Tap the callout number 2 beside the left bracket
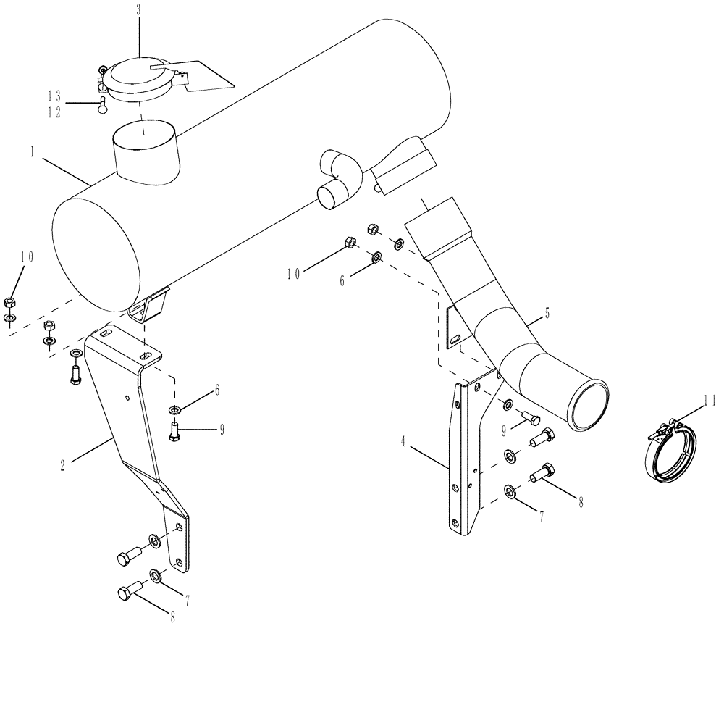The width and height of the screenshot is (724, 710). (x=63, y=466)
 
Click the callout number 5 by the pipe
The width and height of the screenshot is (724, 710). (x=548, y=314)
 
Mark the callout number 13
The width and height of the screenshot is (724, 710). (x=54, y=96)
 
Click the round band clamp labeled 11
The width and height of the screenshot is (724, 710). (x=671, y=450)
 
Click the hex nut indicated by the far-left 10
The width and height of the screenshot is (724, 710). (x=9, y=302)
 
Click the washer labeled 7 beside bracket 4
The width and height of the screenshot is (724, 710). (x=510, y=493)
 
